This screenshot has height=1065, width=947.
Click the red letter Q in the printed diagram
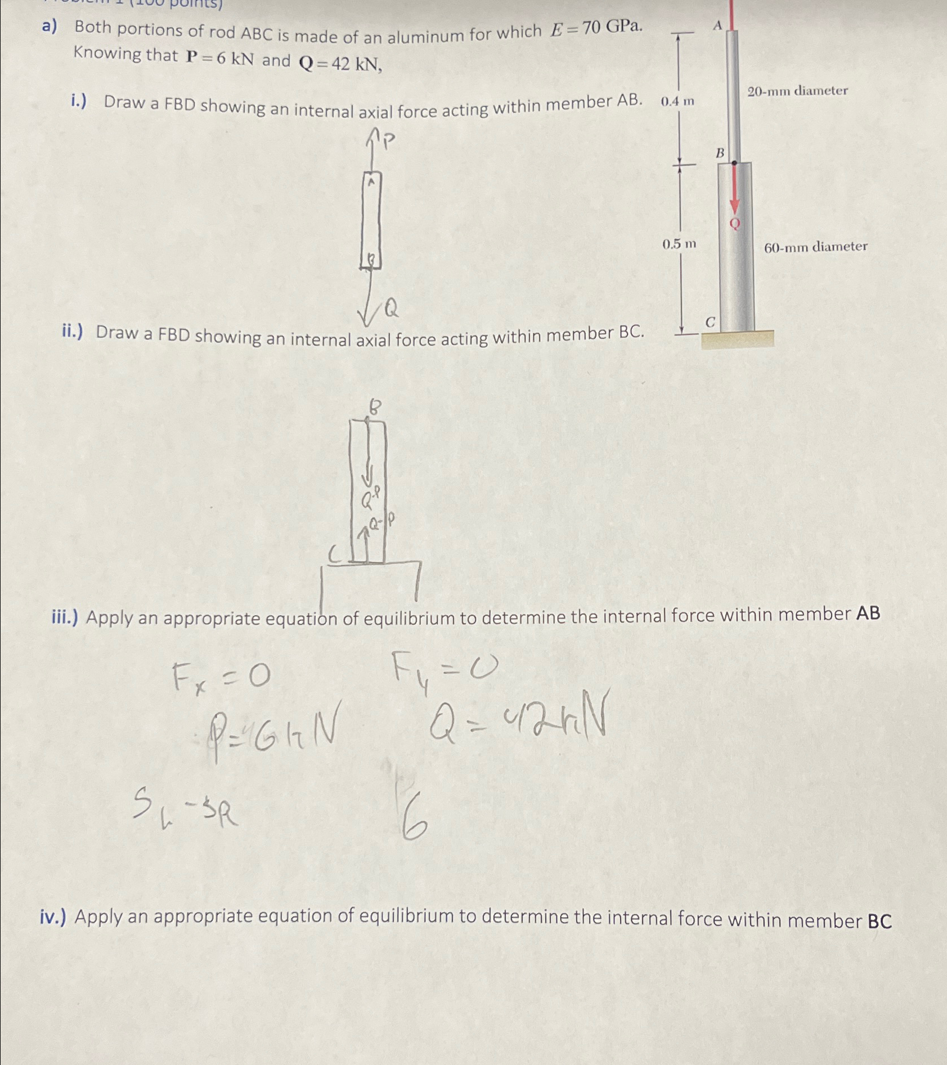point(734,224)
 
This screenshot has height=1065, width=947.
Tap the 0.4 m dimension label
point(677,102)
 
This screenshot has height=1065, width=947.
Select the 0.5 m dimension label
point(679,244)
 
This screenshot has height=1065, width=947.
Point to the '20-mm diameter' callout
point(797,91)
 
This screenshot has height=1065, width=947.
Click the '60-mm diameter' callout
point(815,247)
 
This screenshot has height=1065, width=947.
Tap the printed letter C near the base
point(710,323)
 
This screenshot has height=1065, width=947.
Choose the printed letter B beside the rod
point(720,153)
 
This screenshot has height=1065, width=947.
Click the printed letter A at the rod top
point(717,25)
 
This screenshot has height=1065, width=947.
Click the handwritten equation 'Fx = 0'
point(221,678)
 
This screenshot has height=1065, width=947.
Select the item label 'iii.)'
point(66,617)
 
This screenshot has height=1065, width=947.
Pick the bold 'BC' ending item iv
point(879,921)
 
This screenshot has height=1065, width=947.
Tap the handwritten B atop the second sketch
point(375,407)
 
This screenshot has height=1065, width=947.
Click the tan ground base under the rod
point(737,339)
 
